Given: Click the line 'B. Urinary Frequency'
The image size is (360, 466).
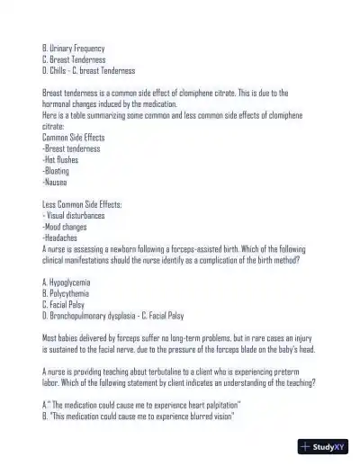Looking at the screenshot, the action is pyautogui.click(x=74, y=48).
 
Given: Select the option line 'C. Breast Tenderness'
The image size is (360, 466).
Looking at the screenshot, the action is pyautogui.click(x=74, y=58).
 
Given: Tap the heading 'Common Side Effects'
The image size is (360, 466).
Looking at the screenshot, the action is pyautogui.click(x=74, y=137).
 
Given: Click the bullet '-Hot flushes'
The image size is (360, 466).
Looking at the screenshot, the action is pyautogui.click(x=62, y=159).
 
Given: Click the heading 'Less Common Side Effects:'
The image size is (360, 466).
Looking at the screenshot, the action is pyautogui.click(x=82, y=204).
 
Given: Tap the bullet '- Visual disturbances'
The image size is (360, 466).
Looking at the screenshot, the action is pyautogui.click(x=74, y=216).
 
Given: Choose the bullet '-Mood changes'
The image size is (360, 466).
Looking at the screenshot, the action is pyautogui.click(x=65, y=227).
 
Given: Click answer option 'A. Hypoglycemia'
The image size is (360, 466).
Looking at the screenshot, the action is pyautogui.click(x=67, y=282).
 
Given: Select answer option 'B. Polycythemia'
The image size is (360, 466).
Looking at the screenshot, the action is pyautogui.click(x=66, y=293).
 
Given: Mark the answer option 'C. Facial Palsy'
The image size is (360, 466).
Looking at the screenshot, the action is pyautogui.click(x=65, y=304).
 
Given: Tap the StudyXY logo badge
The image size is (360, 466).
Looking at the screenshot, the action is pyautogui.click(x=324, y=446).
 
